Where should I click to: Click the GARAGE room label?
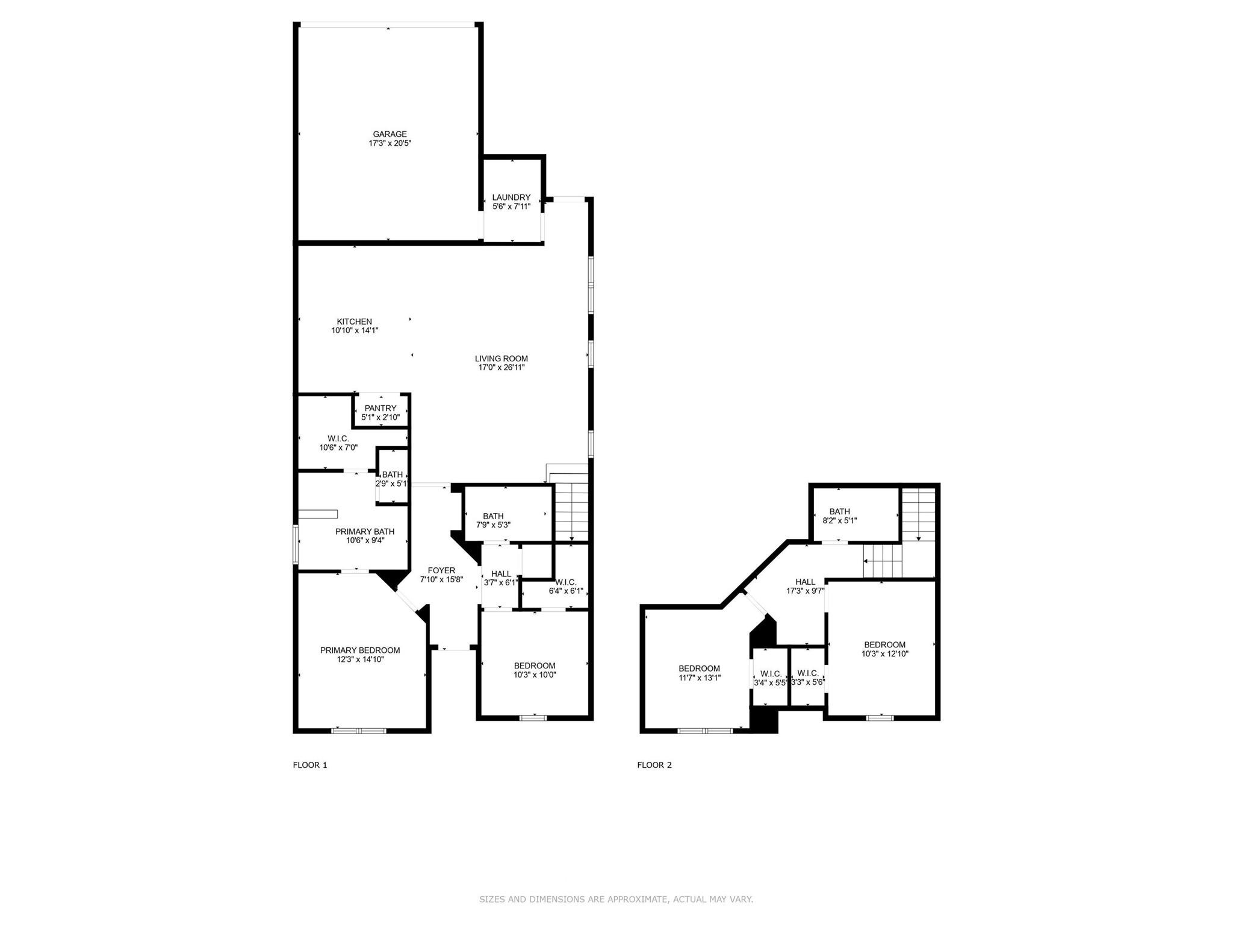390,134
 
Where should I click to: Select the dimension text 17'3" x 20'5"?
390,144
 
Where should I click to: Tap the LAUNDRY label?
511,198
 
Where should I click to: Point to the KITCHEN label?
354,322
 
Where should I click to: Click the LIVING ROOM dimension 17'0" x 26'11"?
502,367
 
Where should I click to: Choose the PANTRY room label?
380,408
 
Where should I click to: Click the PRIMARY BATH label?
365,532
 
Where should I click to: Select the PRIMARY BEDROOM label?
360,650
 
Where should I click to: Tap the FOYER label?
441,571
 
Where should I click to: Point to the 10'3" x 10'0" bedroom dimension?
535,675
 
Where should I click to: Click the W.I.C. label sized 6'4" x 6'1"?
566,582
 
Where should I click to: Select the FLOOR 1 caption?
310,765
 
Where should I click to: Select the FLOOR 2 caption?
654,765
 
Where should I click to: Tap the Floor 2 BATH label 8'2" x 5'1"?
840,512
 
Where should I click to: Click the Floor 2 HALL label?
805,582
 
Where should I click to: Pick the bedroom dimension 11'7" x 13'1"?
700,677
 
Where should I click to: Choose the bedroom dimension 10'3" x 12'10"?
884,654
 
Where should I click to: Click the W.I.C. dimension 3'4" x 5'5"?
771,683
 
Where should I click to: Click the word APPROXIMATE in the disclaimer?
628,900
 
